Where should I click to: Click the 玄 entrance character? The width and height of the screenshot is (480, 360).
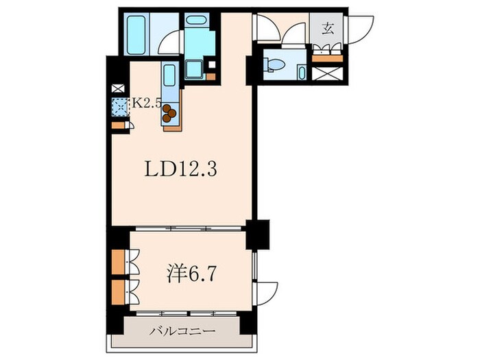point(328,29)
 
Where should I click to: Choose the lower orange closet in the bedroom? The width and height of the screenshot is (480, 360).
point(118,291)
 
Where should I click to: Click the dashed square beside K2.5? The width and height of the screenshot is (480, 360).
point(120,106)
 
